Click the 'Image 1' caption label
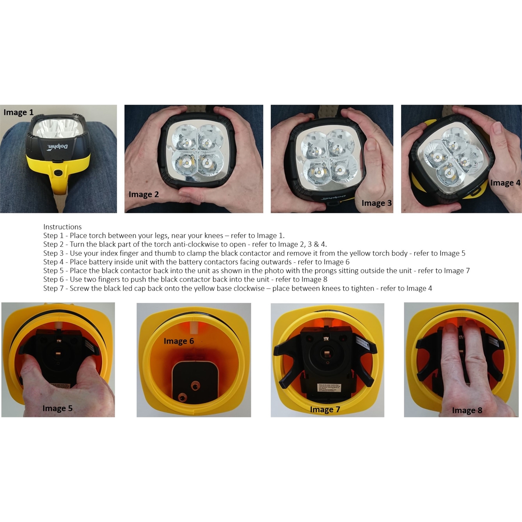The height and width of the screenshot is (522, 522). [x=19, y=113]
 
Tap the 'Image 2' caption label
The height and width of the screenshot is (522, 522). [x=144, y=194]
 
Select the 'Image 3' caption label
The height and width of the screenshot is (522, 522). [x=376, y=203]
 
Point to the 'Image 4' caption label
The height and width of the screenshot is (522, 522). [x=505, y=183]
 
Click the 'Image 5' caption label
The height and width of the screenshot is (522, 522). [x=57, y=408]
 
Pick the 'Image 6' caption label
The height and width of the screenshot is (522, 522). [x=179, y=341]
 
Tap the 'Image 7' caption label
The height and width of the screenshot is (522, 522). [x=325, y=410]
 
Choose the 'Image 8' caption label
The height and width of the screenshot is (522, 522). [x=467, y=410]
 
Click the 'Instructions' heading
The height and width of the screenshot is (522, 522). [x=62, y=227]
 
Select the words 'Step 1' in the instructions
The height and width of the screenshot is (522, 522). [x=53, y=236]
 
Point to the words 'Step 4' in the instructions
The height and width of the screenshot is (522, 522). [x=53, y=262]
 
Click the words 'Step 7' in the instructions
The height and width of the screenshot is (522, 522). [x=53, y=288]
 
